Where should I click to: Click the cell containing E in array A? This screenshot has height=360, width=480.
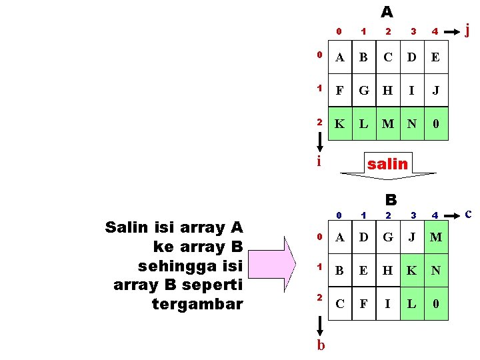(x=435, y=57)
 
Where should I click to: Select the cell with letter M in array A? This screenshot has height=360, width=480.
(x=387, y=123)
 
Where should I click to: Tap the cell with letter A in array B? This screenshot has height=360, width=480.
(x=340, y=237)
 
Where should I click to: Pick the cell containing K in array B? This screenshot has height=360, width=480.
(x=412, y=271)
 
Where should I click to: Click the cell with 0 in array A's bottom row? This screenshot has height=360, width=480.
(x=435, y=123)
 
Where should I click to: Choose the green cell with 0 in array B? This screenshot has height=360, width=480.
(x=435, y=305)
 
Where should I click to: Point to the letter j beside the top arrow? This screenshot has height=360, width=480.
(x=467, y=29)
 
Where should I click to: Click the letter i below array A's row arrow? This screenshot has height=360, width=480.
(x=319, y=161)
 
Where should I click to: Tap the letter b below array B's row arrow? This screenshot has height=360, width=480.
(x=321, y=345)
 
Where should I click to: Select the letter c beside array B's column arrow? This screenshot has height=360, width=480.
(x=468, y=213)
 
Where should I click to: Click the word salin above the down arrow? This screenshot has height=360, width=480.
(x=387, y=163)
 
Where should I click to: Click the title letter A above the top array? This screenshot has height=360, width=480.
(x=387, y=12)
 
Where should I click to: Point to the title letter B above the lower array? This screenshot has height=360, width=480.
(x=391, y=199)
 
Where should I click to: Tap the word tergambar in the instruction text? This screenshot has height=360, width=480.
(x=198, y=305)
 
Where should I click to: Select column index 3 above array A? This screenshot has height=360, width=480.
(x=413, y=31)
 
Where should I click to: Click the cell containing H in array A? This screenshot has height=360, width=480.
(x=387, y=90)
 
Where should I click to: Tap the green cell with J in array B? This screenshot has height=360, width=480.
(x=412, y=237)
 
